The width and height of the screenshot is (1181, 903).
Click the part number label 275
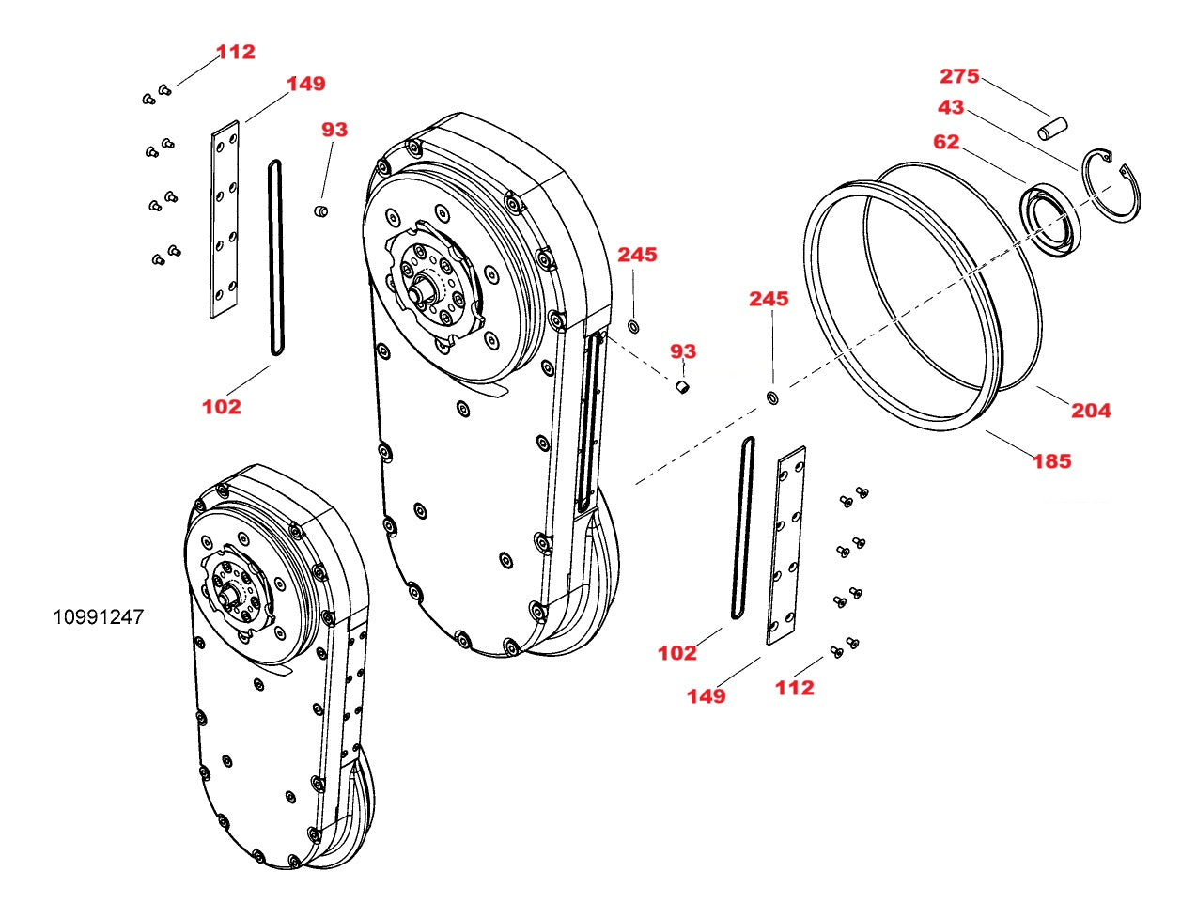[x=959, y=76]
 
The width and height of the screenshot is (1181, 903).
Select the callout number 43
[x=951, y=107]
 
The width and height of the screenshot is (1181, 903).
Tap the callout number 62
[x=946, y=142]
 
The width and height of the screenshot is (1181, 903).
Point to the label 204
[x=1091, y=411]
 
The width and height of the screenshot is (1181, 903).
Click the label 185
[x=1051, y=461]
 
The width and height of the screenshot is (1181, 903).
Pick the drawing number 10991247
[x=98, y=617]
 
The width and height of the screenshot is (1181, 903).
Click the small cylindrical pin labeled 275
[x=1053, y=128]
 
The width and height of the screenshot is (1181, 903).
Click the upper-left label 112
[x=236, y=52]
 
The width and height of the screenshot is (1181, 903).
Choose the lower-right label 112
[x=794, y=688]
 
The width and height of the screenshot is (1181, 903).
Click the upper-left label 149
[x=306, y=84]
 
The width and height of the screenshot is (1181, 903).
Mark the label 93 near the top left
[x=334, y=130]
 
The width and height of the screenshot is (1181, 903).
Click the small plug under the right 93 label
[x=684, y=386]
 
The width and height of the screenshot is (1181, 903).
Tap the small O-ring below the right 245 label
[x=772, y=398]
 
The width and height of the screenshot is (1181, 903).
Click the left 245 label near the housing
[x=637, y=255]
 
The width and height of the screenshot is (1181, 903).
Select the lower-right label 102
[x=676, y=653]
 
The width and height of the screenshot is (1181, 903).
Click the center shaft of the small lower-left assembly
[x=228, y=592]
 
